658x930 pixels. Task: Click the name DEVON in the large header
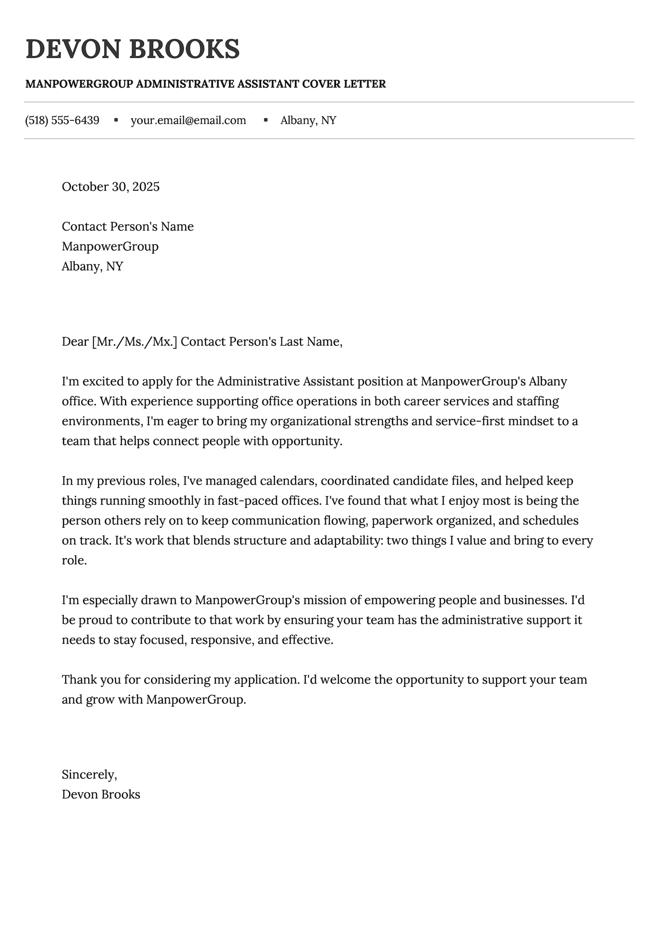70,49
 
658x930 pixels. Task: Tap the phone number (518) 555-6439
62,120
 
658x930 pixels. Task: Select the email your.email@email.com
188,120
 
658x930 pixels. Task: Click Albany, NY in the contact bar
308,120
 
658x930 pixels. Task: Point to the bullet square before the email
116,120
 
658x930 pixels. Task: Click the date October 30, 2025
110,187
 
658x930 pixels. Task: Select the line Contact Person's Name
127,227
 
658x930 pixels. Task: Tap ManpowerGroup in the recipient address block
110,247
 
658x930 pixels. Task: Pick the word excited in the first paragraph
99,381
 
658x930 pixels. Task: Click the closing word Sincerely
88,775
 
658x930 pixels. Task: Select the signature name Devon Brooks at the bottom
101,795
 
